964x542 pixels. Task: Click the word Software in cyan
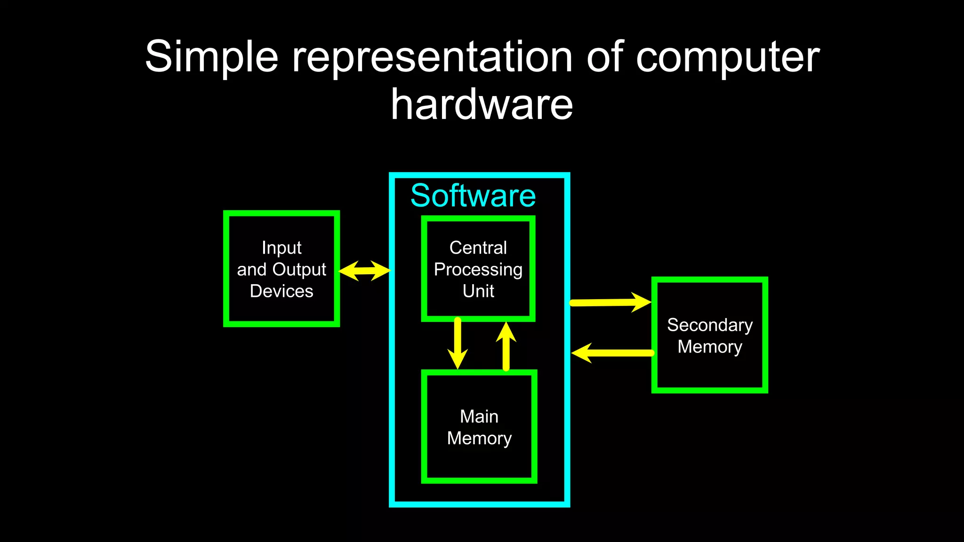tap(473, 196)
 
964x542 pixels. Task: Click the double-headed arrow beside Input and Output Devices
tap(365, 271)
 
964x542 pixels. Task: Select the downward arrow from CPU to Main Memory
tap(458, 343)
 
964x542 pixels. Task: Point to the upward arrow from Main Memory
tap(506, 347)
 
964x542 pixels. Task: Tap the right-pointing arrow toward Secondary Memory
tap(611, 303)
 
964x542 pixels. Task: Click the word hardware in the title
tap(482, 104)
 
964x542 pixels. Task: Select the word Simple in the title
tap(212, 57)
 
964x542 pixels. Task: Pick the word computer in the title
tap(728, 57)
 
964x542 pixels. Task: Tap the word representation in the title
tap(432, 57)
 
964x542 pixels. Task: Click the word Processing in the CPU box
tap(478, 270)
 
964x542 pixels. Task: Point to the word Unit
tap(478, 291)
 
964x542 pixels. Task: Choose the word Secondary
tap(710, 325)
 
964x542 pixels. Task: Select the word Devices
tap(281, 291)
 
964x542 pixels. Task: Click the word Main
tap(479, 416)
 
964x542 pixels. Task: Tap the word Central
tap(478, 247)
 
